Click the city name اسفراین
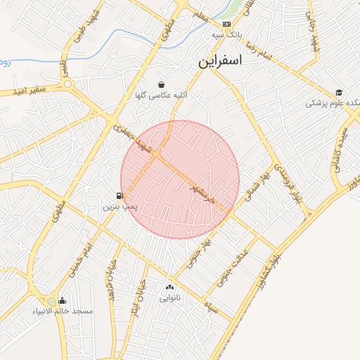(219, 61)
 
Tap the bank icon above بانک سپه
(226, 23)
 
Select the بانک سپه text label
(227, 34)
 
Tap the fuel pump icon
(121, 196)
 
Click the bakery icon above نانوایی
(169, 287)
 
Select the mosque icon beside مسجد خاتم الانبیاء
(63, 301)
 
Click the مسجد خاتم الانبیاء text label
(62, 311)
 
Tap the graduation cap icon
(339, 92)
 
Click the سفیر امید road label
(28, 90)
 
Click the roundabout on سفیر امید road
(68, 84)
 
